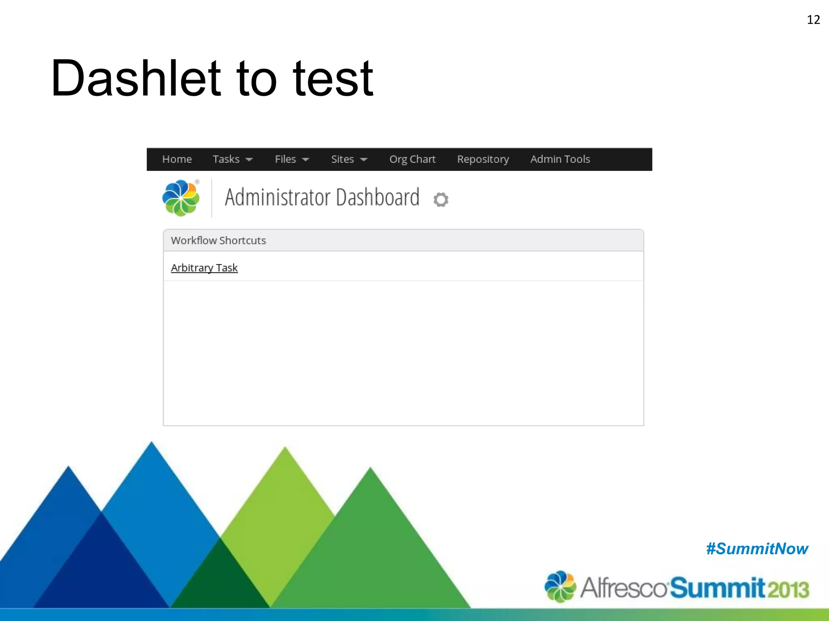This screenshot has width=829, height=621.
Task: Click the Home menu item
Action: click(177, 159)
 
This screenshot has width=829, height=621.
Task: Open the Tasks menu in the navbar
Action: click(232, 159)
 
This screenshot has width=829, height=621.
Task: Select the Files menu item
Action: click(291, 159)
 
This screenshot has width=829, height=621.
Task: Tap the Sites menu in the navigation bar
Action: click(349, 159)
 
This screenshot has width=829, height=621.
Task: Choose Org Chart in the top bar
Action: click(412, 159)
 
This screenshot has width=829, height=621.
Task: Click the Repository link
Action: click(483, 159)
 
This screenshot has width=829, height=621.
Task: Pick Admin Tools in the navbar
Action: click(560, 159)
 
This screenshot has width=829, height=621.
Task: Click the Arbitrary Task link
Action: click(204, 268)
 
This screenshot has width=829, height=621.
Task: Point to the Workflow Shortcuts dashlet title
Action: click(218, 241)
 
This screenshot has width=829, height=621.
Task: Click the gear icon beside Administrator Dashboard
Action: click(441, 199)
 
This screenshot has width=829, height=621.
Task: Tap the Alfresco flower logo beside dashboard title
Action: click(181, 198)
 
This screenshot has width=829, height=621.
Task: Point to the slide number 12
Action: click(813, 20)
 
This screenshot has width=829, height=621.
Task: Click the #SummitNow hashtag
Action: click(757, 549)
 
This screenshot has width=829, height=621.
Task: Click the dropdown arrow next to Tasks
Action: click(249, 160)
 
